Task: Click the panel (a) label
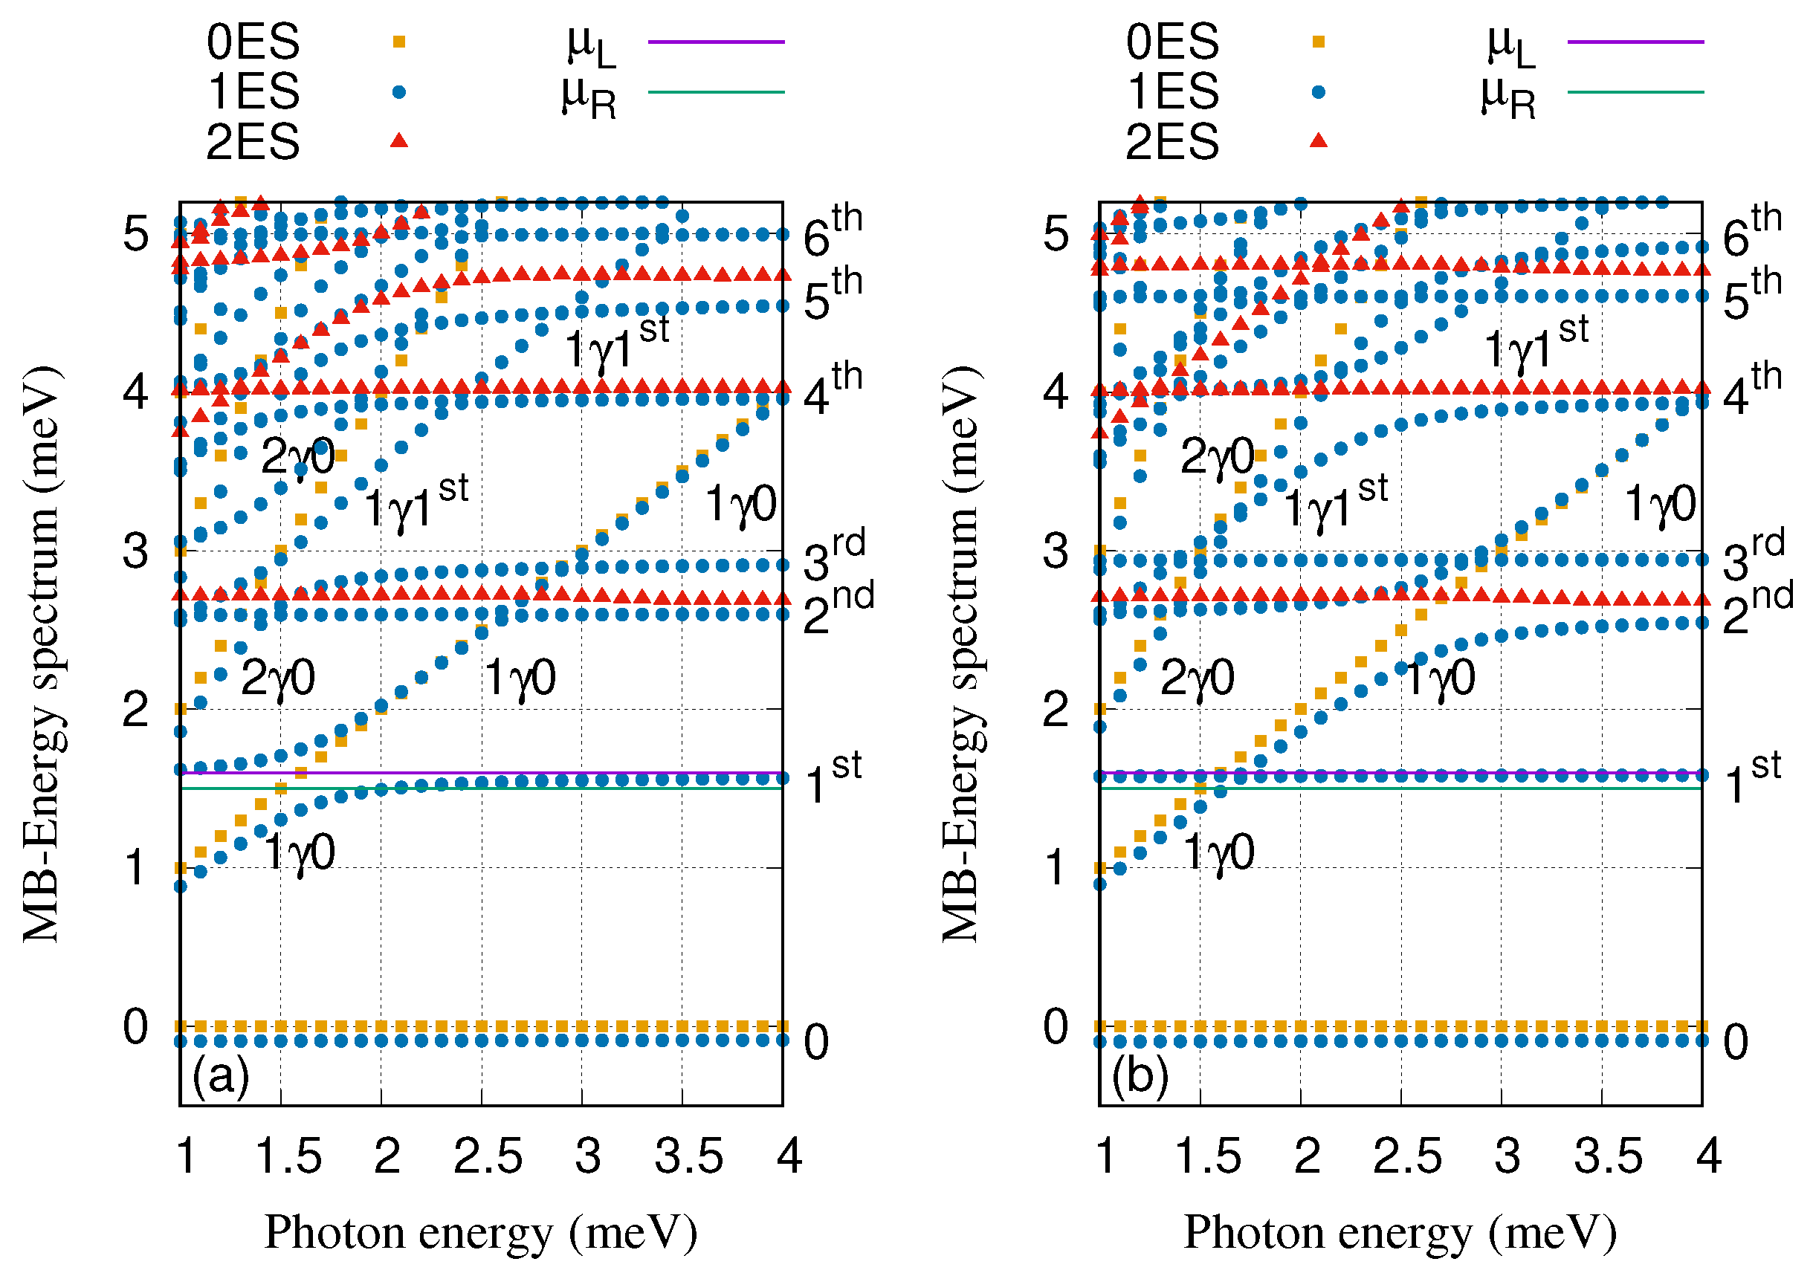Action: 220,1075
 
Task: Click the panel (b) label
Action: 1140,1075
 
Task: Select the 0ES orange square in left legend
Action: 400,42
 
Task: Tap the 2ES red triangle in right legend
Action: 1318,141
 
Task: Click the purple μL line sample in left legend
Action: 715,42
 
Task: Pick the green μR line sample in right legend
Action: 1635,92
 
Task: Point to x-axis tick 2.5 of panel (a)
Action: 488,1158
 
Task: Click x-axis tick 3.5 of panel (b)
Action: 1608,1158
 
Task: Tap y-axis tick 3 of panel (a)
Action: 136,552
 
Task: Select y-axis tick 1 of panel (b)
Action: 1056,869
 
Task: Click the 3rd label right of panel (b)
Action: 1753,557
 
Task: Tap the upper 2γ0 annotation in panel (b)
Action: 1217,457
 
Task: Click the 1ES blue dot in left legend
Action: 400,92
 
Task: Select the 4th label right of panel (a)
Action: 833,389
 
